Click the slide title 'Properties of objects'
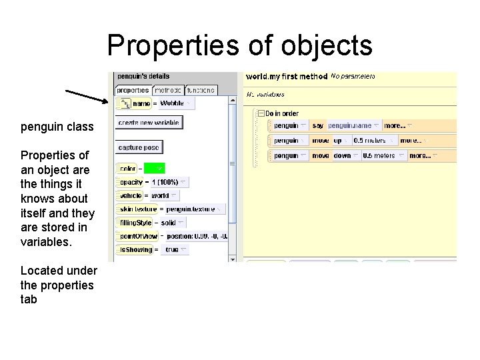coord(239,45)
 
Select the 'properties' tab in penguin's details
coord(133,90)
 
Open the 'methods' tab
coord(167,90)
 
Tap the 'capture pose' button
coord(139,147)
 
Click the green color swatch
coord(154,169)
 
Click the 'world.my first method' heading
coord(286,77)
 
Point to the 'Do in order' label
coord(283,113)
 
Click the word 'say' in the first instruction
coord(317,125)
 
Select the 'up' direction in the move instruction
coord(338,141)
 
